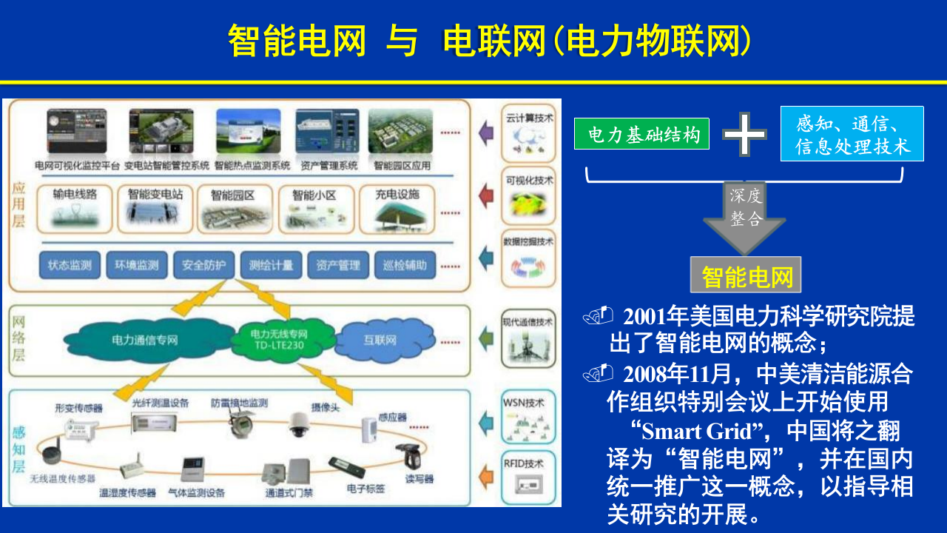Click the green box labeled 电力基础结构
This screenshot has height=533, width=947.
(x=641, y=134)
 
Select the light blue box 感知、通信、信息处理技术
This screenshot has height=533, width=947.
(x=852, y=134)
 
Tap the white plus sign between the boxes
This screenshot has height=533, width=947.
(x=744, y=134)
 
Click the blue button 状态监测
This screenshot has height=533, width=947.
(x=70, y=265)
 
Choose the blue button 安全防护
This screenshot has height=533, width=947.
(x=203, y=265)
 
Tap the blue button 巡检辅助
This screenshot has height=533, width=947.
(x=405, y=265)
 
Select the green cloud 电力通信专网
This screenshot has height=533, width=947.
(x=145, y=340)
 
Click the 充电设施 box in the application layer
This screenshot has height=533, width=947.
(x=397, y=208)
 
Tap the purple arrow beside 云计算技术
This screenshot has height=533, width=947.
(x=485, y=133)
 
